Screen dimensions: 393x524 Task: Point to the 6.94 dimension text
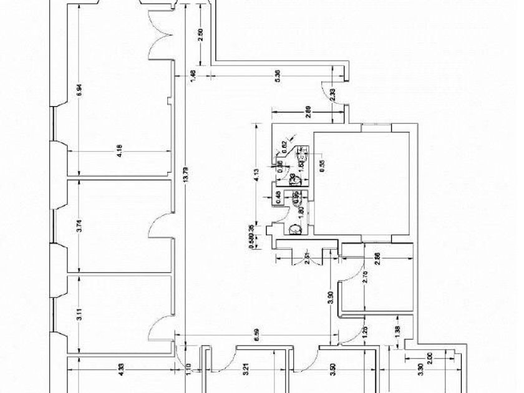[79, 89]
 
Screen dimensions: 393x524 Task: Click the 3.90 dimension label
[331, 298]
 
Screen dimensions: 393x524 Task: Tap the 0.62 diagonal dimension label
[284, 145]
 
